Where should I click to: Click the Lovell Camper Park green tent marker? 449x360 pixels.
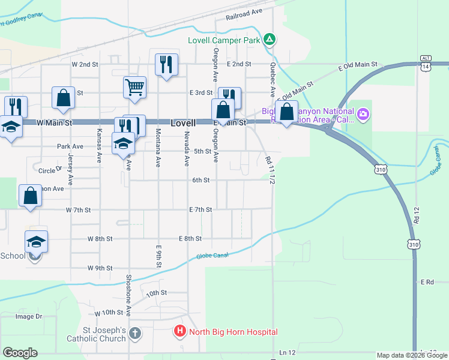point(270,40)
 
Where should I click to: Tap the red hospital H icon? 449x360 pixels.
point(179,331)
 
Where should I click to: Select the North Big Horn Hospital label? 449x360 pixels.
point(233,332)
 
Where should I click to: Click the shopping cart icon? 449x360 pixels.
point(135,86)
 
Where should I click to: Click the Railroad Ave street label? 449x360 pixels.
point(245,16)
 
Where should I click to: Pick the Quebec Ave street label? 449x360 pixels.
point(272,80)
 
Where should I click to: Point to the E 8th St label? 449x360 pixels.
point(190,238)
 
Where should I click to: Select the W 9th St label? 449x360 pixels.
point(100,268)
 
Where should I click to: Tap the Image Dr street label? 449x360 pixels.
point(29,316)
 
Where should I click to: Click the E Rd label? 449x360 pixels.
point(427,281)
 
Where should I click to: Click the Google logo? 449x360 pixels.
point(20,353)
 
